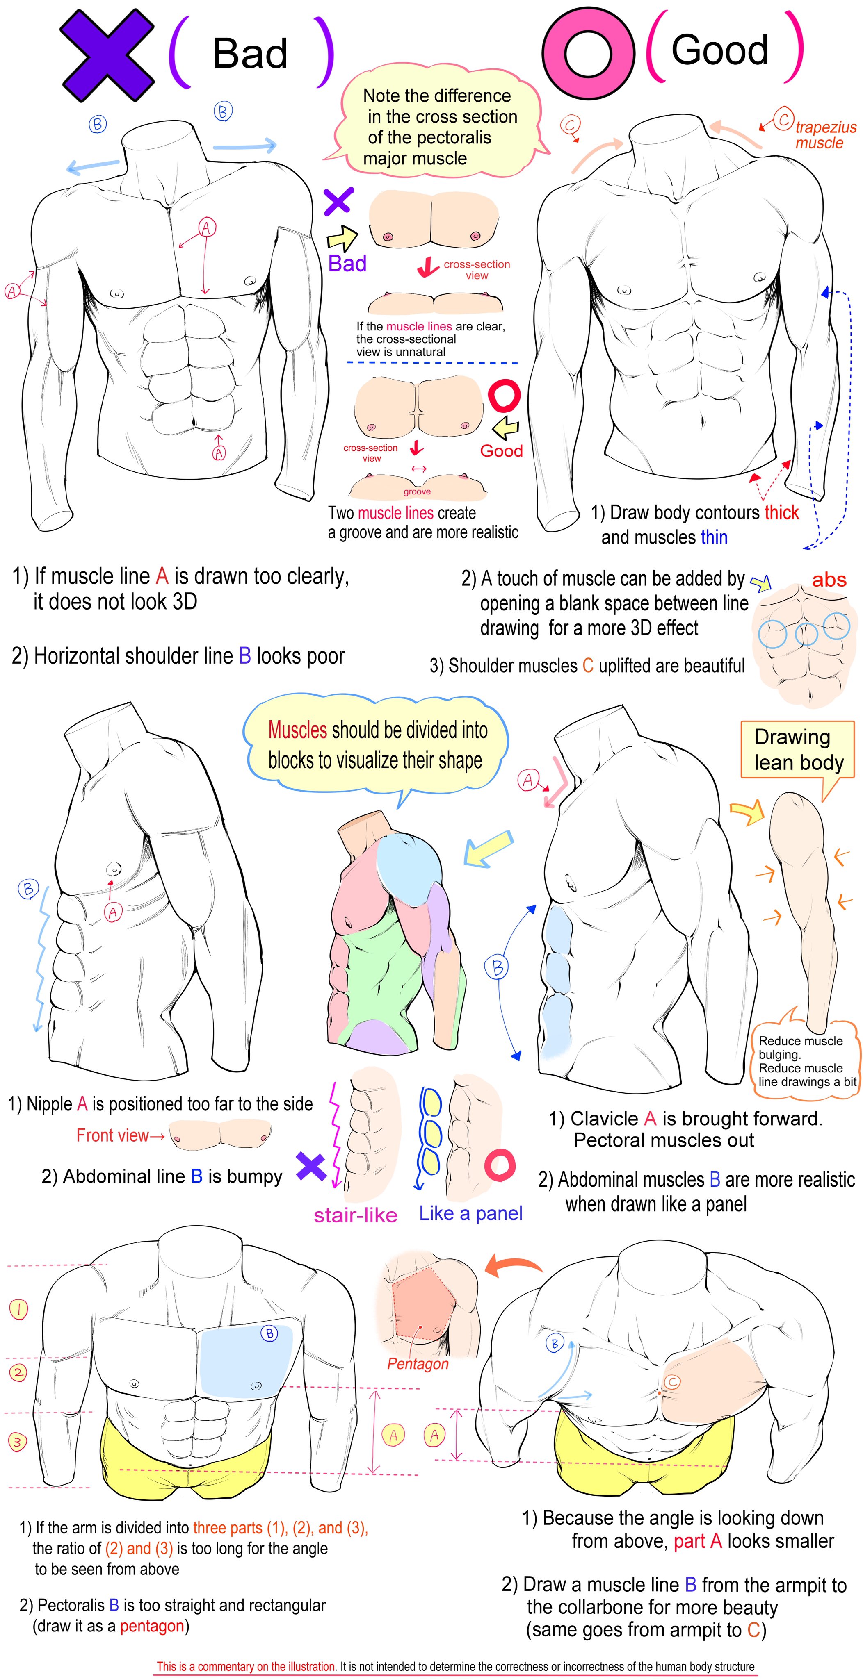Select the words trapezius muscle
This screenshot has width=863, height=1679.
tap(824, 135)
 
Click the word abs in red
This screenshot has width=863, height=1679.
tap(829, 580)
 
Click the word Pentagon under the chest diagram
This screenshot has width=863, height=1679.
tap(418, 1364)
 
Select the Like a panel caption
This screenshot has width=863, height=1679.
tap(470, 1213)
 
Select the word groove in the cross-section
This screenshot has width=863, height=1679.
tap(417, 491)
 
